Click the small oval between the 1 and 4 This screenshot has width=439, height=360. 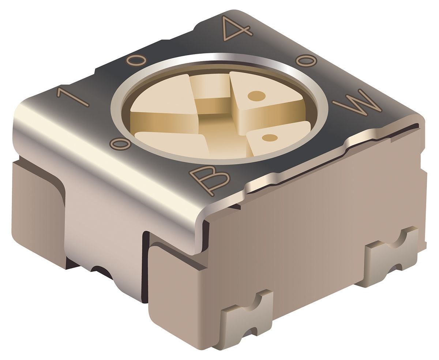click(x=136, y=60)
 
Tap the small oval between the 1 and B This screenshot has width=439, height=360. click(x=120, y=145)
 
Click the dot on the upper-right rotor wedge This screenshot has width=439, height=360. click(x=256, y=96)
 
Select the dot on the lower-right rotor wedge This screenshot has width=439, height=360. click(x=270, y=138)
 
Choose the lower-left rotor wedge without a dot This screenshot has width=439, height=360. click(x=172, y=143)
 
